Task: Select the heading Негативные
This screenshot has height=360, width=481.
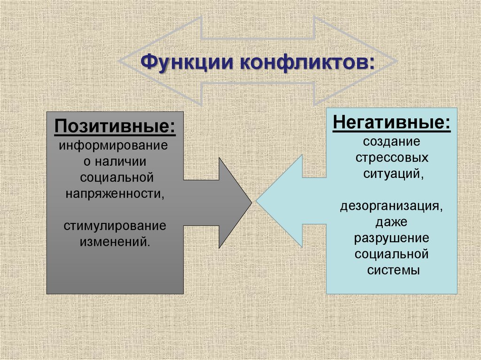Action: tap(391, 123)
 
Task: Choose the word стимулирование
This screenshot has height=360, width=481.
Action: tap(115, 226)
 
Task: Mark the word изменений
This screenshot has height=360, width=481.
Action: tap(115, 242)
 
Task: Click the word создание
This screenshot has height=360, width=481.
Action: tap(391, 141)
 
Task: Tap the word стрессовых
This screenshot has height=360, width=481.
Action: tap(391, 157)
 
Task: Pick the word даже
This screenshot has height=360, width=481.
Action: tap(391, 222)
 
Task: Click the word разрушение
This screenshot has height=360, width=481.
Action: tap(391, 238)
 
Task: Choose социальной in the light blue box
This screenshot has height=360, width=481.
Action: tap(391, 254)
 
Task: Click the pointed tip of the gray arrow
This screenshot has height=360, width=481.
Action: tap(251, 202)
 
